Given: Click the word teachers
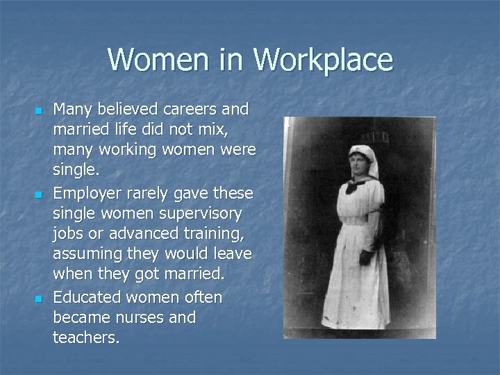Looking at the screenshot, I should tap(85, 339).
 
